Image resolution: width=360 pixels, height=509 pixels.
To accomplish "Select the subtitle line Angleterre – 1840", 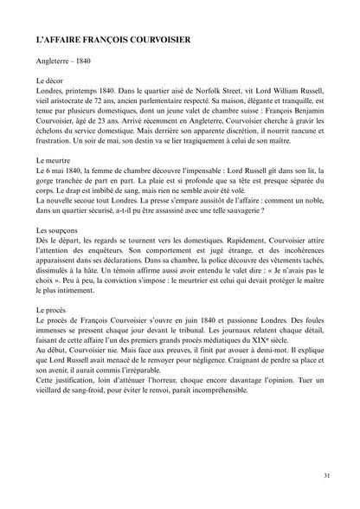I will [x=63, y=63].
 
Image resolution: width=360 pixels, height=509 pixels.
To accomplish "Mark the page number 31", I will [x=325, y=475].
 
